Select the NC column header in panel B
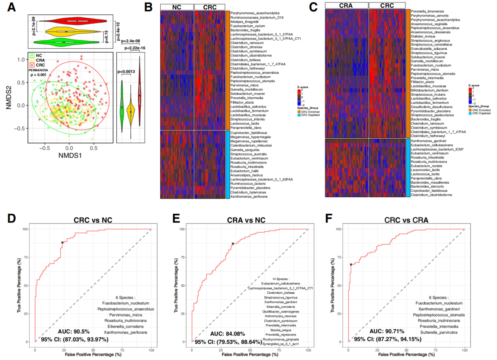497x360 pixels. [x=177, y=7]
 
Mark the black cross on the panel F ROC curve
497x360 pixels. [x=351, y=264]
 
